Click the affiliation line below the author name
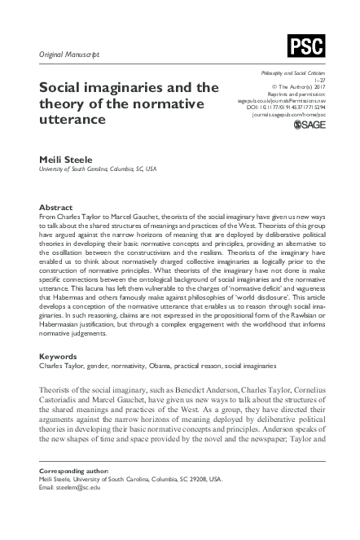(x=99, y=170)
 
